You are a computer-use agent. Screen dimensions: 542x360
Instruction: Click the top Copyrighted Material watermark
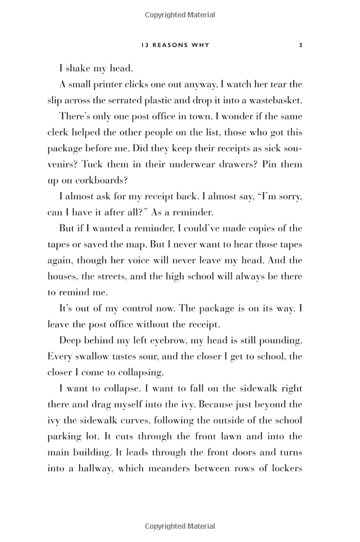coord(180,13)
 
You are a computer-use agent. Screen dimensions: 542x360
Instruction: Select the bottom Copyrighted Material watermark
coord(180,526)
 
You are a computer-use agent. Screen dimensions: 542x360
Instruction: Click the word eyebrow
coord(180,341)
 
